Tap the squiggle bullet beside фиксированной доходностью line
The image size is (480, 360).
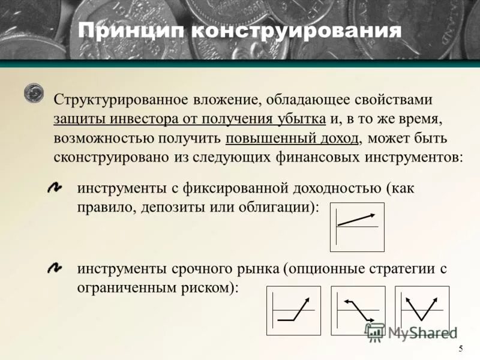55,188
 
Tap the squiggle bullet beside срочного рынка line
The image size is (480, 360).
55,267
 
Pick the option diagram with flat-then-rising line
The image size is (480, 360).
293,310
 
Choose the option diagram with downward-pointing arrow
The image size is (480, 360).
358,310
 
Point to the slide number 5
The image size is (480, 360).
460,349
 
